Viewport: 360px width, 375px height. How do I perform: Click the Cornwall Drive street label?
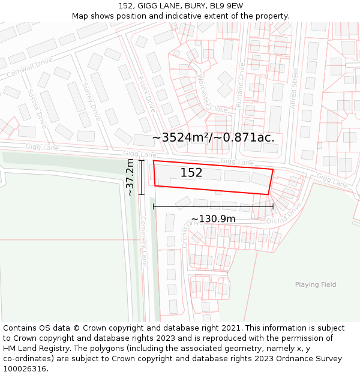pyautogui.click(x=29, y=69)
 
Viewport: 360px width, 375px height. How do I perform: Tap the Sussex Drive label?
pyautogui.click(x=37, y=103)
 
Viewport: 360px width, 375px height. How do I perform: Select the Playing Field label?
pyautogui.click(x=316, y=285)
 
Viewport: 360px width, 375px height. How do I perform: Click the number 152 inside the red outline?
pyautogui.click(x=191, y=173)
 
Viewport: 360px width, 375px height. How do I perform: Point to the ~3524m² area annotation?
pyautogui.click(x=213, y=137)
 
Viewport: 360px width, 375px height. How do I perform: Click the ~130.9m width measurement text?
pyautogui.click(x=213, y=219)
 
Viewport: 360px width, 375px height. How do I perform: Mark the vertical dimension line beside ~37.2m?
pyautogui.click(x=142, y=178)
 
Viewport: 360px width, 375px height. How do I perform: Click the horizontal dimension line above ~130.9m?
pyautogui.click(x=213, y=206)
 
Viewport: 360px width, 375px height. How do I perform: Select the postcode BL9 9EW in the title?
pyautogui.click(x=226, y=6)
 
